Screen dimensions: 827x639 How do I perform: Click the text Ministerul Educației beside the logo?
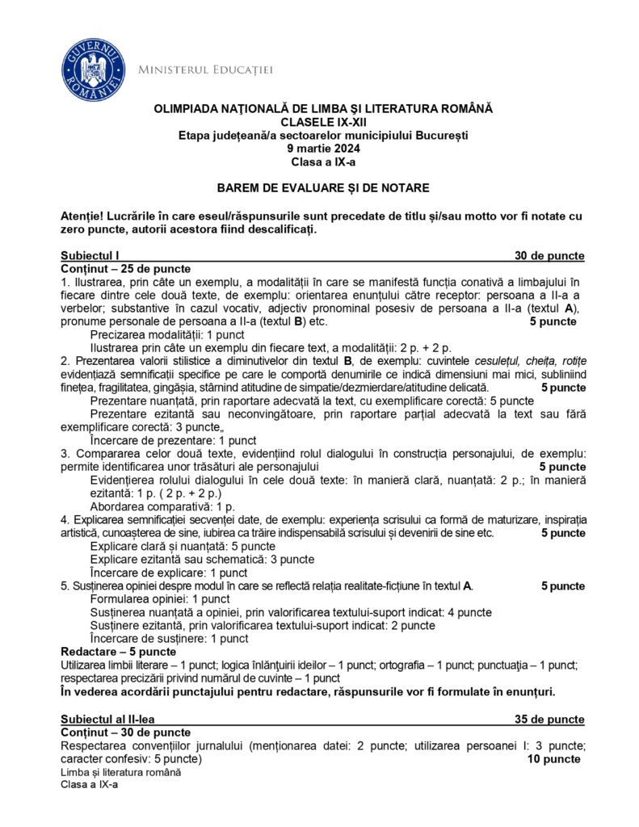(x=206, y=70)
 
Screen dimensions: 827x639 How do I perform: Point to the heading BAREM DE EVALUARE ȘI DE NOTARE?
(x=322, y=188)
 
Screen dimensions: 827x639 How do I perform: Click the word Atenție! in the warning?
(x=84, y=216)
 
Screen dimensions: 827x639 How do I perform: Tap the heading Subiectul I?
(x=90, y=255)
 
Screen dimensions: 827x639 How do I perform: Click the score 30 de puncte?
(x=549, y=255)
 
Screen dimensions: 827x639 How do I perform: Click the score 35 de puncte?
(x=549, y=719)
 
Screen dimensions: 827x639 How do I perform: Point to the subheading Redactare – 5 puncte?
(x=118, y=651)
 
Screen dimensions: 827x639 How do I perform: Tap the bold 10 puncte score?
(x=553, y=759)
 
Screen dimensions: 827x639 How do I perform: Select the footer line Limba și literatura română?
(x=120, y=772)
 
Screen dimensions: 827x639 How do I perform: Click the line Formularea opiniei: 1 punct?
(x=160, y=599)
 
